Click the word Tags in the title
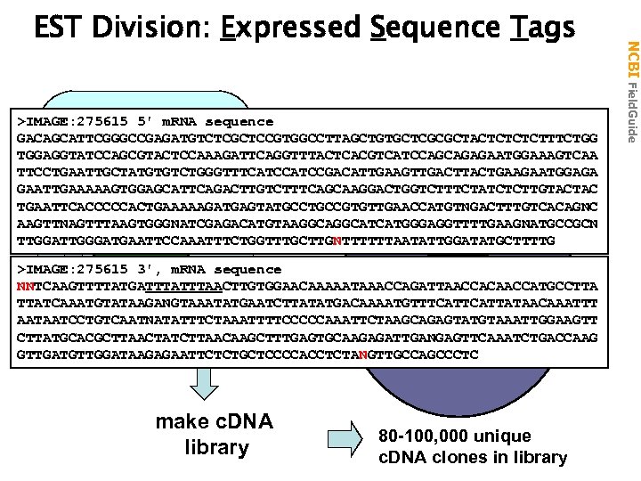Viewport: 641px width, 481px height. [542, 29]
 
